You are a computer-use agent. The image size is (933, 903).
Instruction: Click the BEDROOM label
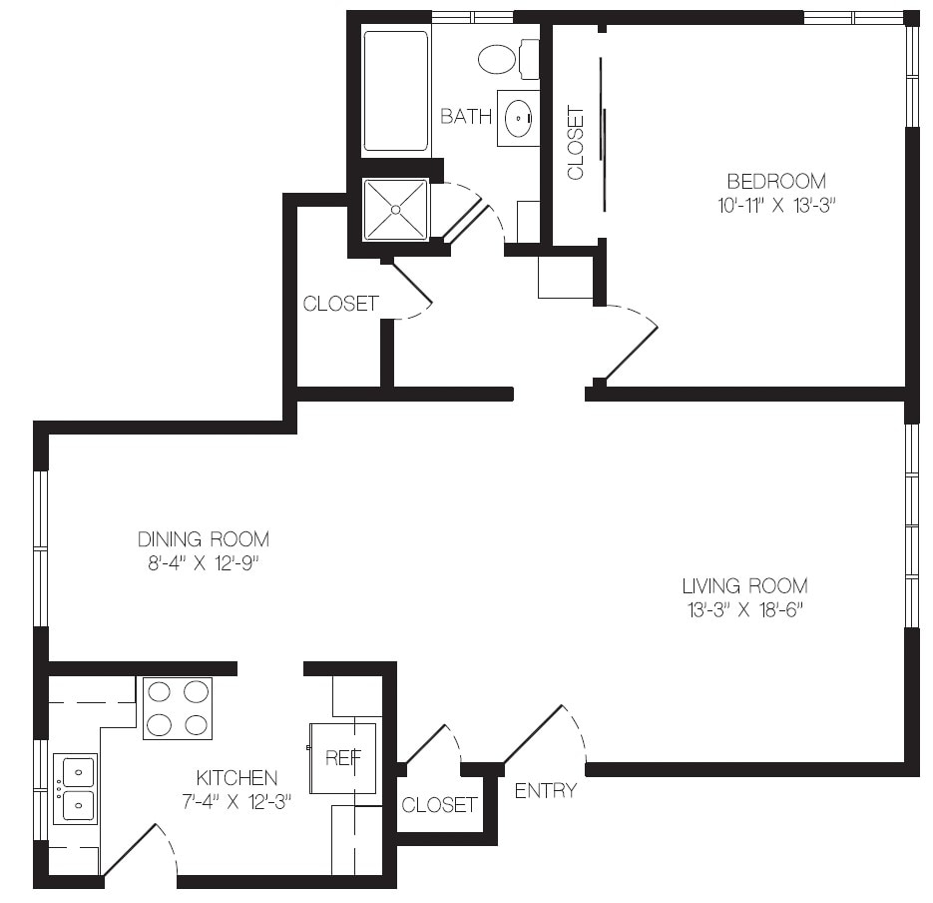pyautogui.click(x=776, y=181)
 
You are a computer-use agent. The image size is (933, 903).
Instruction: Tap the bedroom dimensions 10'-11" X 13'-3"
pyautogui.click(x=776, y=206)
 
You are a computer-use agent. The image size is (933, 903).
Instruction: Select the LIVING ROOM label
pyautogui.click(x=745, y=586)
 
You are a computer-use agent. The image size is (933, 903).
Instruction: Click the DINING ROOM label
pyautogui.click(x=204, y=539)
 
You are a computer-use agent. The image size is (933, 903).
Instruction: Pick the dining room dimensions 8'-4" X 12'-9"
pyautogui.click(x=204, y=563)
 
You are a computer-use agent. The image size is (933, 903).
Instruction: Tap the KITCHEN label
pyautogui.click(x=236, y=778)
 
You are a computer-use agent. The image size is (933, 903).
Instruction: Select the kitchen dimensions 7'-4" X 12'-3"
pyautogui.click(x=236, y=802)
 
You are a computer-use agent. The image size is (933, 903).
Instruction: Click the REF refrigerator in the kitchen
pyautogui.click(x=342, y=758)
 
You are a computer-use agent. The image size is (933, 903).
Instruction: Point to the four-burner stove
pyautogui.click(x=178, y=708)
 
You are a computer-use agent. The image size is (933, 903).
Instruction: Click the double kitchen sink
pyautogui.click(x=75, y=789)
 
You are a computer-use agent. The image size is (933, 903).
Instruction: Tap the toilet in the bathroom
pyautogui.click(x=509, y=58)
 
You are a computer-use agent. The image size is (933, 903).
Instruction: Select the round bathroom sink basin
pyautogui.click(x=518, y=118)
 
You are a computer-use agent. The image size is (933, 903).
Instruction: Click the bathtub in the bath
pyautogui.click(x=396, y=91)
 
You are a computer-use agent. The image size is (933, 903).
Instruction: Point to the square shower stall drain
pyautogui.click(x=396, y=209)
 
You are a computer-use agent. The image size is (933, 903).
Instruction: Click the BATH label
pyautogui.click(x=466, y=116)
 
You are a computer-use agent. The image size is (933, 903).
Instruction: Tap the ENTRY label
pyautogui.click(x=546, y=790)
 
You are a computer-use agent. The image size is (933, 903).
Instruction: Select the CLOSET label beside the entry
pyautogui.click(x=439, y=805)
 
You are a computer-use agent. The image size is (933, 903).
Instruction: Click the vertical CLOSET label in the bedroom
pyautogui.click(x=576, y=143)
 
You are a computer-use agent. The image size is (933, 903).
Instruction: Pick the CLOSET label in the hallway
pyautogui.click(x=341, y=304)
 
